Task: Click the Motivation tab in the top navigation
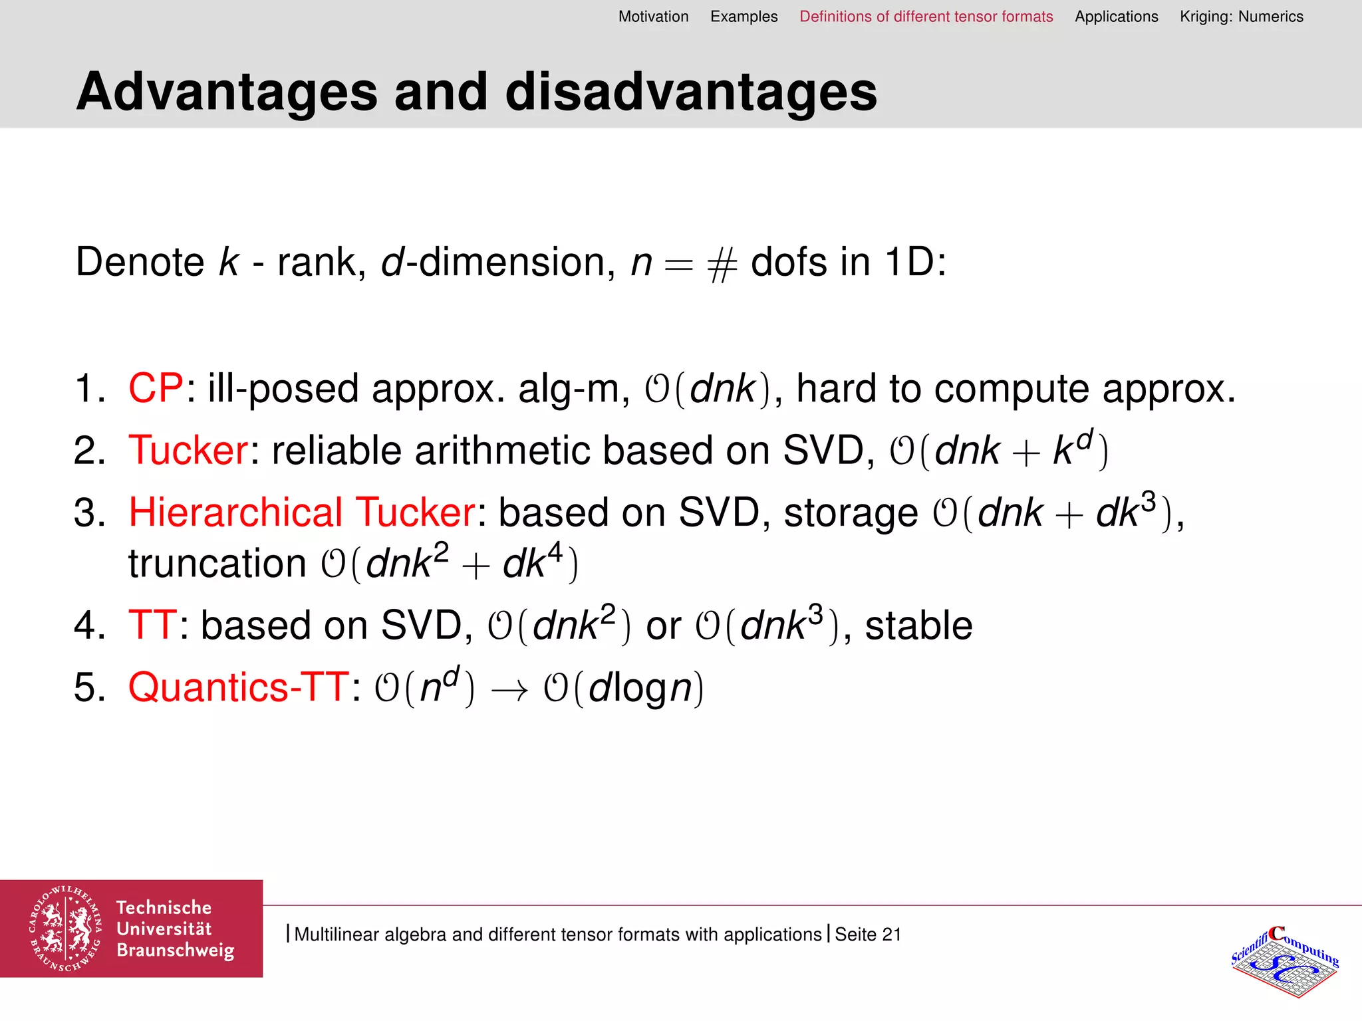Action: (x=653, y=17)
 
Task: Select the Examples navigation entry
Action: (x=744, y=17)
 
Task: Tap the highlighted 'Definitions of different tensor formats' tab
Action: (x=926, y=17)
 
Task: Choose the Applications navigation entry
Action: (x=1116, y=17)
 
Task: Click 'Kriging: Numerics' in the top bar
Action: (x=1241, y=17)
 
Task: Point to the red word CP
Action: (x=156, y=388)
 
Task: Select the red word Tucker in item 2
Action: (x=188, y=450)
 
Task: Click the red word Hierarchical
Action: (x=235, y=512)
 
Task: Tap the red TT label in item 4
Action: (x=152, y=625)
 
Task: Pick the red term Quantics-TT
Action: (x=238, y=687)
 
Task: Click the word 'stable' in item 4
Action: (x=918, y=625)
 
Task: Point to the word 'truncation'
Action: (x=217, y=564)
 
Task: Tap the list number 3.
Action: (x=89, y=513)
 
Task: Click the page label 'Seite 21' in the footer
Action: (x=868, y=934)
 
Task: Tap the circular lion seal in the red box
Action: (x=65, y=929)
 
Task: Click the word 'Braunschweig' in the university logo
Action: (x=176, y=951)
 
